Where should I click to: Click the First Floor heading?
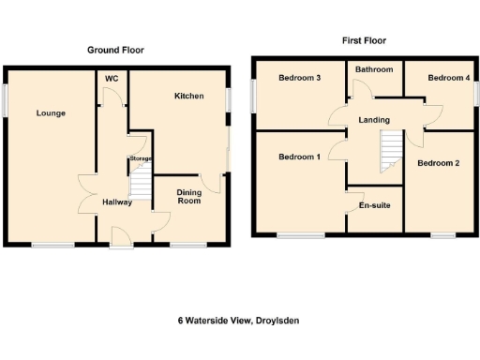tap(363, 40)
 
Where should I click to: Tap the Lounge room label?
tap(51, 113)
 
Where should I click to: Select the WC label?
tap(112, 79)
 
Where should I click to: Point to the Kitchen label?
tap(188, 96)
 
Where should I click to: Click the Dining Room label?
tap(189, 196)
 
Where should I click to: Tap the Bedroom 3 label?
tap(300, 78)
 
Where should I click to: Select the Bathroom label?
tap(373, 69)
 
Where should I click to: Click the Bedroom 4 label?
tap(448, 78)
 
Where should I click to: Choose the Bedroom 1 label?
tap(300, 157)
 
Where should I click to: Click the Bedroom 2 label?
tap(438, 163)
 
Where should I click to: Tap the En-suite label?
tap(374, 204)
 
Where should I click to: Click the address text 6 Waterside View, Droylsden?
tap(240, 320)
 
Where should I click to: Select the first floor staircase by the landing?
tap(390, 152)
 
